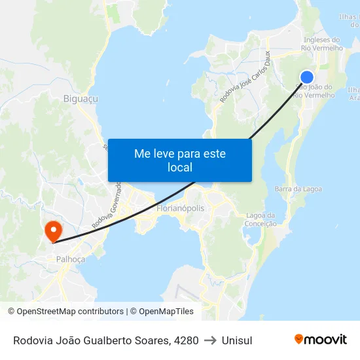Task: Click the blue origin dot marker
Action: pyautogui.click(x=306, y=77)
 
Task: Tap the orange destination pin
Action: pyautogui.click(x=52, y=230)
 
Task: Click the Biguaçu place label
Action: pyautogui.click(x=81, y=99)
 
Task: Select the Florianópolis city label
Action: pyautogui.click(x=181, y=208)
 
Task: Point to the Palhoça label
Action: pyautogui.click(x=71, y=259)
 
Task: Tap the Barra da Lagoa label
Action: pyautogui.click(x=298, y=189)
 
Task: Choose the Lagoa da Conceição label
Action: pyautogui.click(x=261, y=219)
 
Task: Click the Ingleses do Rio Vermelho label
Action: pyautogui.click(x=321, y=44)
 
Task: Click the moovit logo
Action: pyautogui.click(x=321, y=340)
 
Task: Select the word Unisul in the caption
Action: pyautogui.click(x=237, y=340)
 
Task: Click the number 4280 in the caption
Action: pyautogui.click(x=186, y=340)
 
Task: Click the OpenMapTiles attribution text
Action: pyautogui.click(x=166, y=312)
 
